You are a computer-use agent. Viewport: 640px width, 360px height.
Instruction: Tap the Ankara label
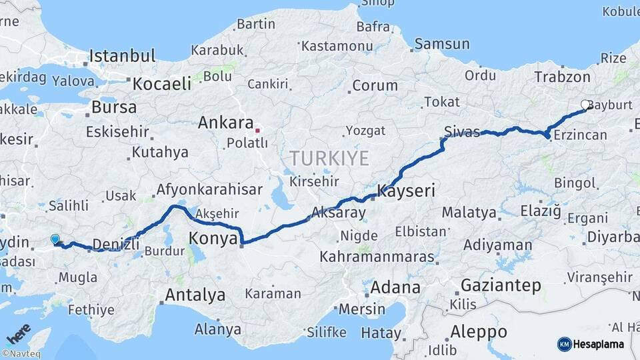pyautogui.click(x=225, y=123)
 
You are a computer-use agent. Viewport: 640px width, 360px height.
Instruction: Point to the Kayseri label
pyautogui.click(x=406, y=191)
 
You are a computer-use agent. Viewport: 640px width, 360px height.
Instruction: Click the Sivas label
pyautogui.click(x=463, y=132)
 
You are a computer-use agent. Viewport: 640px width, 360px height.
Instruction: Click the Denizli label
pyautogui.click(x=116, y=244)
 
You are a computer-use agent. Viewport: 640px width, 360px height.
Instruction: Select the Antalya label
pyautogui.click(x=195, y=294)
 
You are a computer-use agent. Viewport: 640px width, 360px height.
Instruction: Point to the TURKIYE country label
pyautogui.click(x=329, y=158)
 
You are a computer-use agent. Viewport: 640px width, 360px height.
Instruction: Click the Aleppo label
pyautogui.click(x=478, y=331)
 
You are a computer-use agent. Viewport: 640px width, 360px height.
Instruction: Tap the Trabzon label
pyautogui.click(x=562, y=77)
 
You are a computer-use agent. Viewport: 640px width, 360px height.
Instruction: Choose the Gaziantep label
pyautogui.click(x=501, y=285)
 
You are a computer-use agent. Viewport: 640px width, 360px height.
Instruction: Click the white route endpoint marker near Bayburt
pyautogui.click(x=585, y=105)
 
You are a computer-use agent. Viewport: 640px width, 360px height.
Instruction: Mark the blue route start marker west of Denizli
pyautogui.click(x=55, y=239)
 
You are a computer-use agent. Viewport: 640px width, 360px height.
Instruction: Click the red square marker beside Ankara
pyautogui.click(x=257, y=130)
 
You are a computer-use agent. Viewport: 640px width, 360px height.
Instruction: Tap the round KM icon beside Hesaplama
pyautogui.click(x=564, y=344)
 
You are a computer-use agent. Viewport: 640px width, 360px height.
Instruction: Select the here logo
pyautogui.click(x=18, y=333)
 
